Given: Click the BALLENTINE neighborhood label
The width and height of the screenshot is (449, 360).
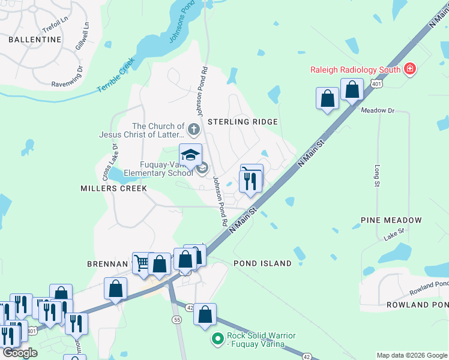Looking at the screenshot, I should tap(35, 40).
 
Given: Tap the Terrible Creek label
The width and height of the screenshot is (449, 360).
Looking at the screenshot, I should tap(116, 79).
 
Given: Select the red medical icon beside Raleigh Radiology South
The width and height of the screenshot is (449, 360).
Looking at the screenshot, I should tap(410, 70).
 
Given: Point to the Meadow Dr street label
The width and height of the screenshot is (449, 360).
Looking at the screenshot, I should tap(378, 110).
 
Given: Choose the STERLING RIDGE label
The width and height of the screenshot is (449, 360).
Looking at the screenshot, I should tap(243, 122).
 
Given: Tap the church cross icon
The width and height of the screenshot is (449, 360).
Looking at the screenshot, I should tap(193, 128).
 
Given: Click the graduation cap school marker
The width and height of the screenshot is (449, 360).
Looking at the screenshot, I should tap(191, 155).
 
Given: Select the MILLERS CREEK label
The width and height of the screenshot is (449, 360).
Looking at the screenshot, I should tap(113, 188).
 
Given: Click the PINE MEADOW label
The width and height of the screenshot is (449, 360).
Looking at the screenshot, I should tap(392, 221).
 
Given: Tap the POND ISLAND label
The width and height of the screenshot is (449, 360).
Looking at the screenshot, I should tap(262, 263).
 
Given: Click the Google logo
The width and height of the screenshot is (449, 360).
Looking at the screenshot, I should tap(19, 353).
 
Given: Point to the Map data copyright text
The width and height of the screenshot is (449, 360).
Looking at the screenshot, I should tap(412, 355).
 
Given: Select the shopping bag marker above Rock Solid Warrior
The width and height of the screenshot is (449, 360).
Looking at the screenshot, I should tap(205, 314).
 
